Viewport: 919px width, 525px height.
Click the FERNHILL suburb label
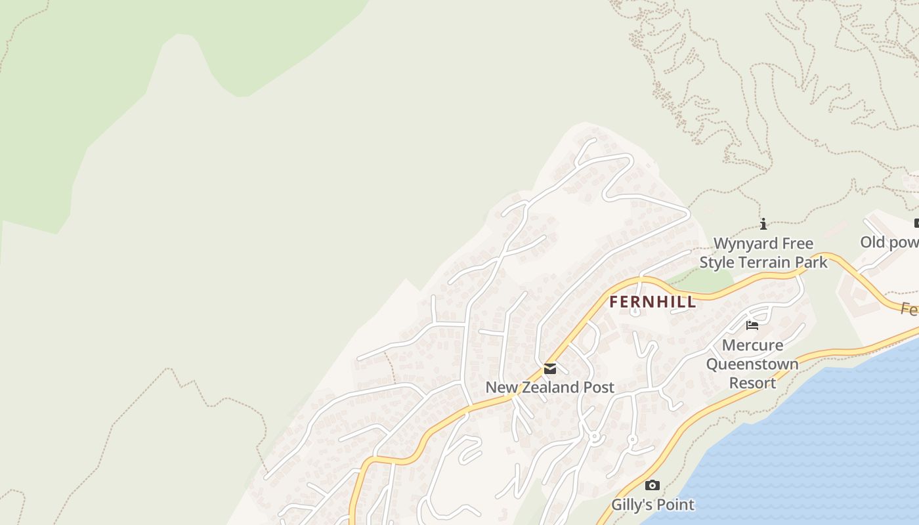pos(652,302)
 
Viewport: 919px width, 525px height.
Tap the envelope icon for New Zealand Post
pos(550,369)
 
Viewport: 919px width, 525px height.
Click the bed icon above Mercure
pos(752,325)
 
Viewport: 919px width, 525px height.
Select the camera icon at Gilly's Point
pos(652,486)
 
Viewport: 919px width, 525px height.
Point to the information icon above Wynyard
pos(763,224)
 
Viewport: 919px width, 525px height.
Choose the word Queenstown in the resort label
pos(752,364)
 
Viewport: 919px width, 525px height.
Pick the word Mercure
pos(752,345)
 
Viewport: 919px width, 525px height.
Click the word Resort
pos(752,382)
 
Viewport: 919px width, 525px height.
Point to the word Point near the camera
pos(675,505)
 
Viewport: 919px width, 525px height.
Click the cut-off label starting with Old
pos(889,242)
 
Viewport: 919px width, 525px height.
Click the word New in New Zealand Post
pos(499,387)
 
